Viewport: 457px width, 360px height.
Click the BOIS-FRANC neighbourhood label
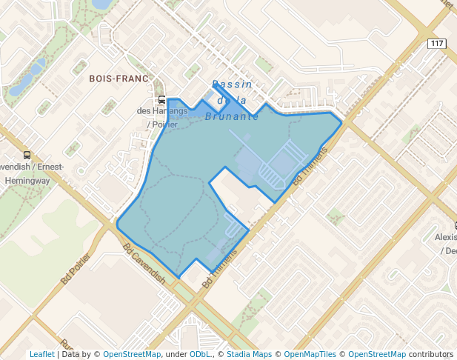click(x=119, y=78)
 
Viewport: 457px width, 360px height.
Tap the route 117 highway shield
click(x=437, y=44)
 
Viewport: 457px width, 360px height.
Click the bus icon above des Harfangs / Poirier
click(x=161, y=100)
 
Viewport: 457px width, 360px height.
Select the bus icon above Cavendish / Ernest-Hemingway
click(x=27, y=155)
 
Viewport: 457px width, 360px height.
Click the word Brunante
click(x=231, y=116)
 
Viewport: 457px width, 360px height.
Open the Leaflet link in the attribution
click(x=42, y=354)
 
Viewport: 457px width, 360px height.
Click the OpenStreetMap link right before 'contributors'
click(x=377, y=354)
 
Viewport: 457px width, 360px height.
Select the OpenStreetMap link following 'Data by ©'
click(x=131, y=354)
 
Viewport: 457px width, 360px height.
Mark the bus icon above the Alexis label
click(x=455, y=225)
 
